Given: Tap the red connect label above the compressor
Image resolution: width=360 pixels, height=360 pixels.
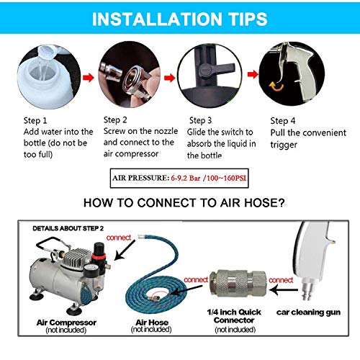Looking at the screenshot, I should point(120,237).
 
